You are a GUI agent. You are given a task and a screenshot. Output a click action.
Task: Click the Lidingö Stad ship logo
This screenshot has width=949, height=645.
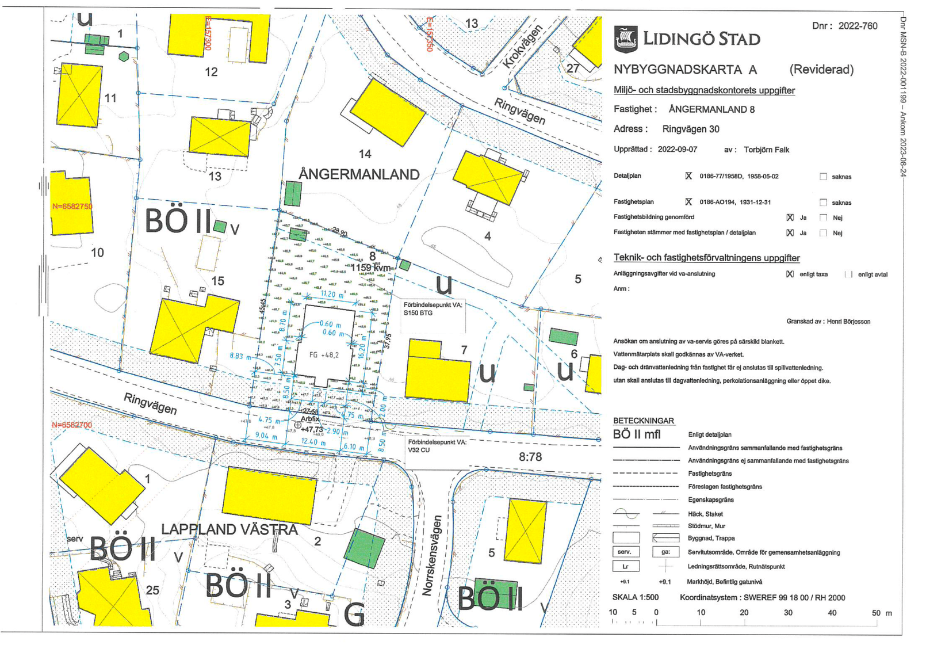pos(626,39)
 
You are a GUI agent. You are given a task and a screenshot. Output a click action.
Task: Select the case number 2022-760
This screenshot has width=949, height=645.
pos(858,26)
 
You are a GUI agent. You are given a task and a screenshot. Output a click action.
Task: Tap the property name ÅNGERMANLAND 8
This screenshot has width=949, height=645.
pos(711,109)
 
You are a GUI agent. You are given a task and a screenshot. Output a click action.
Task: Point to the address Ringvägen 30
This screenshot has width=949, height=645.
pos(690,129)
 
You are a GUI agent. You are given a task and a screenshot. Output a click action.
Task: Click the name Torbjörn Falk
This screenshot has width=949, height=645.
pos(766,150)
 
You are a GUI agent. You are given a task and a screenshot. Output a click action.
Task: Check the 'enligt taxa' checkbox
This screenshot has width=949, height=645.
pos(790,274)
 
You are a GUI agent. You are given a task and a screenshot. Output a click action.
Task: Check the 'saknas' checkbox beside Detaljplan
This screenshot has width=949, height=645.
pos(823,177)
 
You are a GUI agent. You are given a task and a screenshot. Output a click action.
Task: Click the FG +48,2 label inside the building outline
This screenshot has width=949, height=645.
pos(324,355)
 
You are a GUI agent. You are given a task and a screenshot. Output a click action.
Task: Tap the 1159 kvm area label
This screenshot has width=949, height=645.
pos(370,268)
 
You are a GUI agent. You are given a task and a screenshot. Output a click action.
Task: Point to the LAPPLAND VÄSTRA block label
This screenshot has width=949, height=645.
pos(229,529)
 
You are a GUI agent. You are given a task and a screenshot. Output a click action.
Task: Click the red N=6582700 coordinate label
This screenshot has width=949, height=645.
pos(72,425)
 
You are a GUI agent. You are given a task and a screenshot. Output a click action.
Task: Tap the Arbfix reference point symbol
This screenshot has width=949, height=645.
pos(297,425)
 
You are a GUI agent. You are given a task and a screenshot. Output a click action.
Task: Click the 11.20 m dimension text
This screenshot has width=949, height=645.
pos(332,294)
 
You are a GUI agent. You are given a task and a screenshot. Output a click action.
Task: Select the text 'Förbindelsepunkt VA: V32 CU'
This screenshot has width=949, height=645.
pos(437,446)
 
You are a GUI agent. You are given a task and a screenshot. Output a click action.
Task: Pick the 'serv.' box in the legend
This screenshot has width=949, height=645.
pos(625,552)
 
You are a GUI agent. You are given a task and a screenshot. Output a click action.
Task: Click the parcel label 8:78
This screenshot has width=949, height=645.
pos(530,457)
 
